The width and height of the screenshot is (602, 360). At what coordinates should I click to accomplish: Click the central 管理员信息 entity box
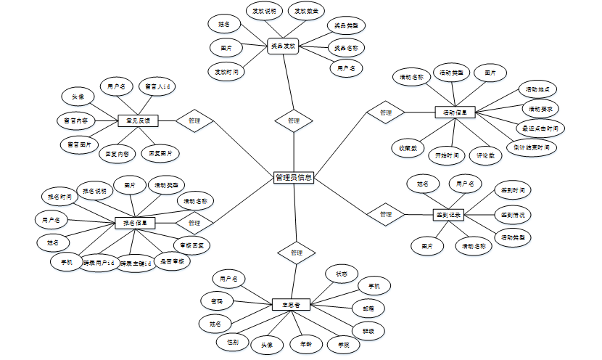pyautogui.click(x=294, y=177)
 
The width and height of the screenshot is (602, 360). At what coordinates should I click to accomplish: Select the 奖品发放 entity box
pyautogui.click(x=284, y=46)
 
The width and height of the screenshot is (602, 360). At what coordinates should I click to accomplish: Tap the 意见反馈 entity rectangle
pyautogui.click(x=137, y=120)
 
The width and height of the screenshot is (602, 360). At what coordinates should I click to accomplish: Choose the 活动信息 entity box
pyautogui.click(x=455, y=112)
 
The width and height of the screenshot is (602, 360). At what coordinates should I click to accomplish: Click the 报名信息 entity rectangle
pyautogui.click(x=135, y=223)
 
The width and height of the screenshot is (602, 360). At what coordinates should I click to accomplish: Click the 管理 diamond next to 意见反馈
pyautogui.click(x=194, y=120)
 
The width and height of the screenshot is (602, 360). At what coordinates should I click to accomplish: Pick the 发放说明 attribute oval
pyautogui.click(x=264, y=12)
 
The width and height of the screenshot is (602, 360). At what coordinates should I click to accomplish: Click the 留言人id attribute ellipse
pyautogui.click(x=157, y=86)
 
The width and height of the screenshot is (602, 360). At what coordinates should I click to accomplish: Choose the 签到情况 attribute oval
pyautogui.click(x=513, y=215)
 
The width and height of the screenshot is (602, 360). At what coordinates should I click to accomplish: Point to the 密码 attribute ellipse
pyautogui.click(x=216, y=300)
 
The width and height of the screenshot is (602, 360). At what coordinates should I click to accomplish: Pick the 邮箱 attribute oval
pyautogui.click(x=368, y=308)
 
